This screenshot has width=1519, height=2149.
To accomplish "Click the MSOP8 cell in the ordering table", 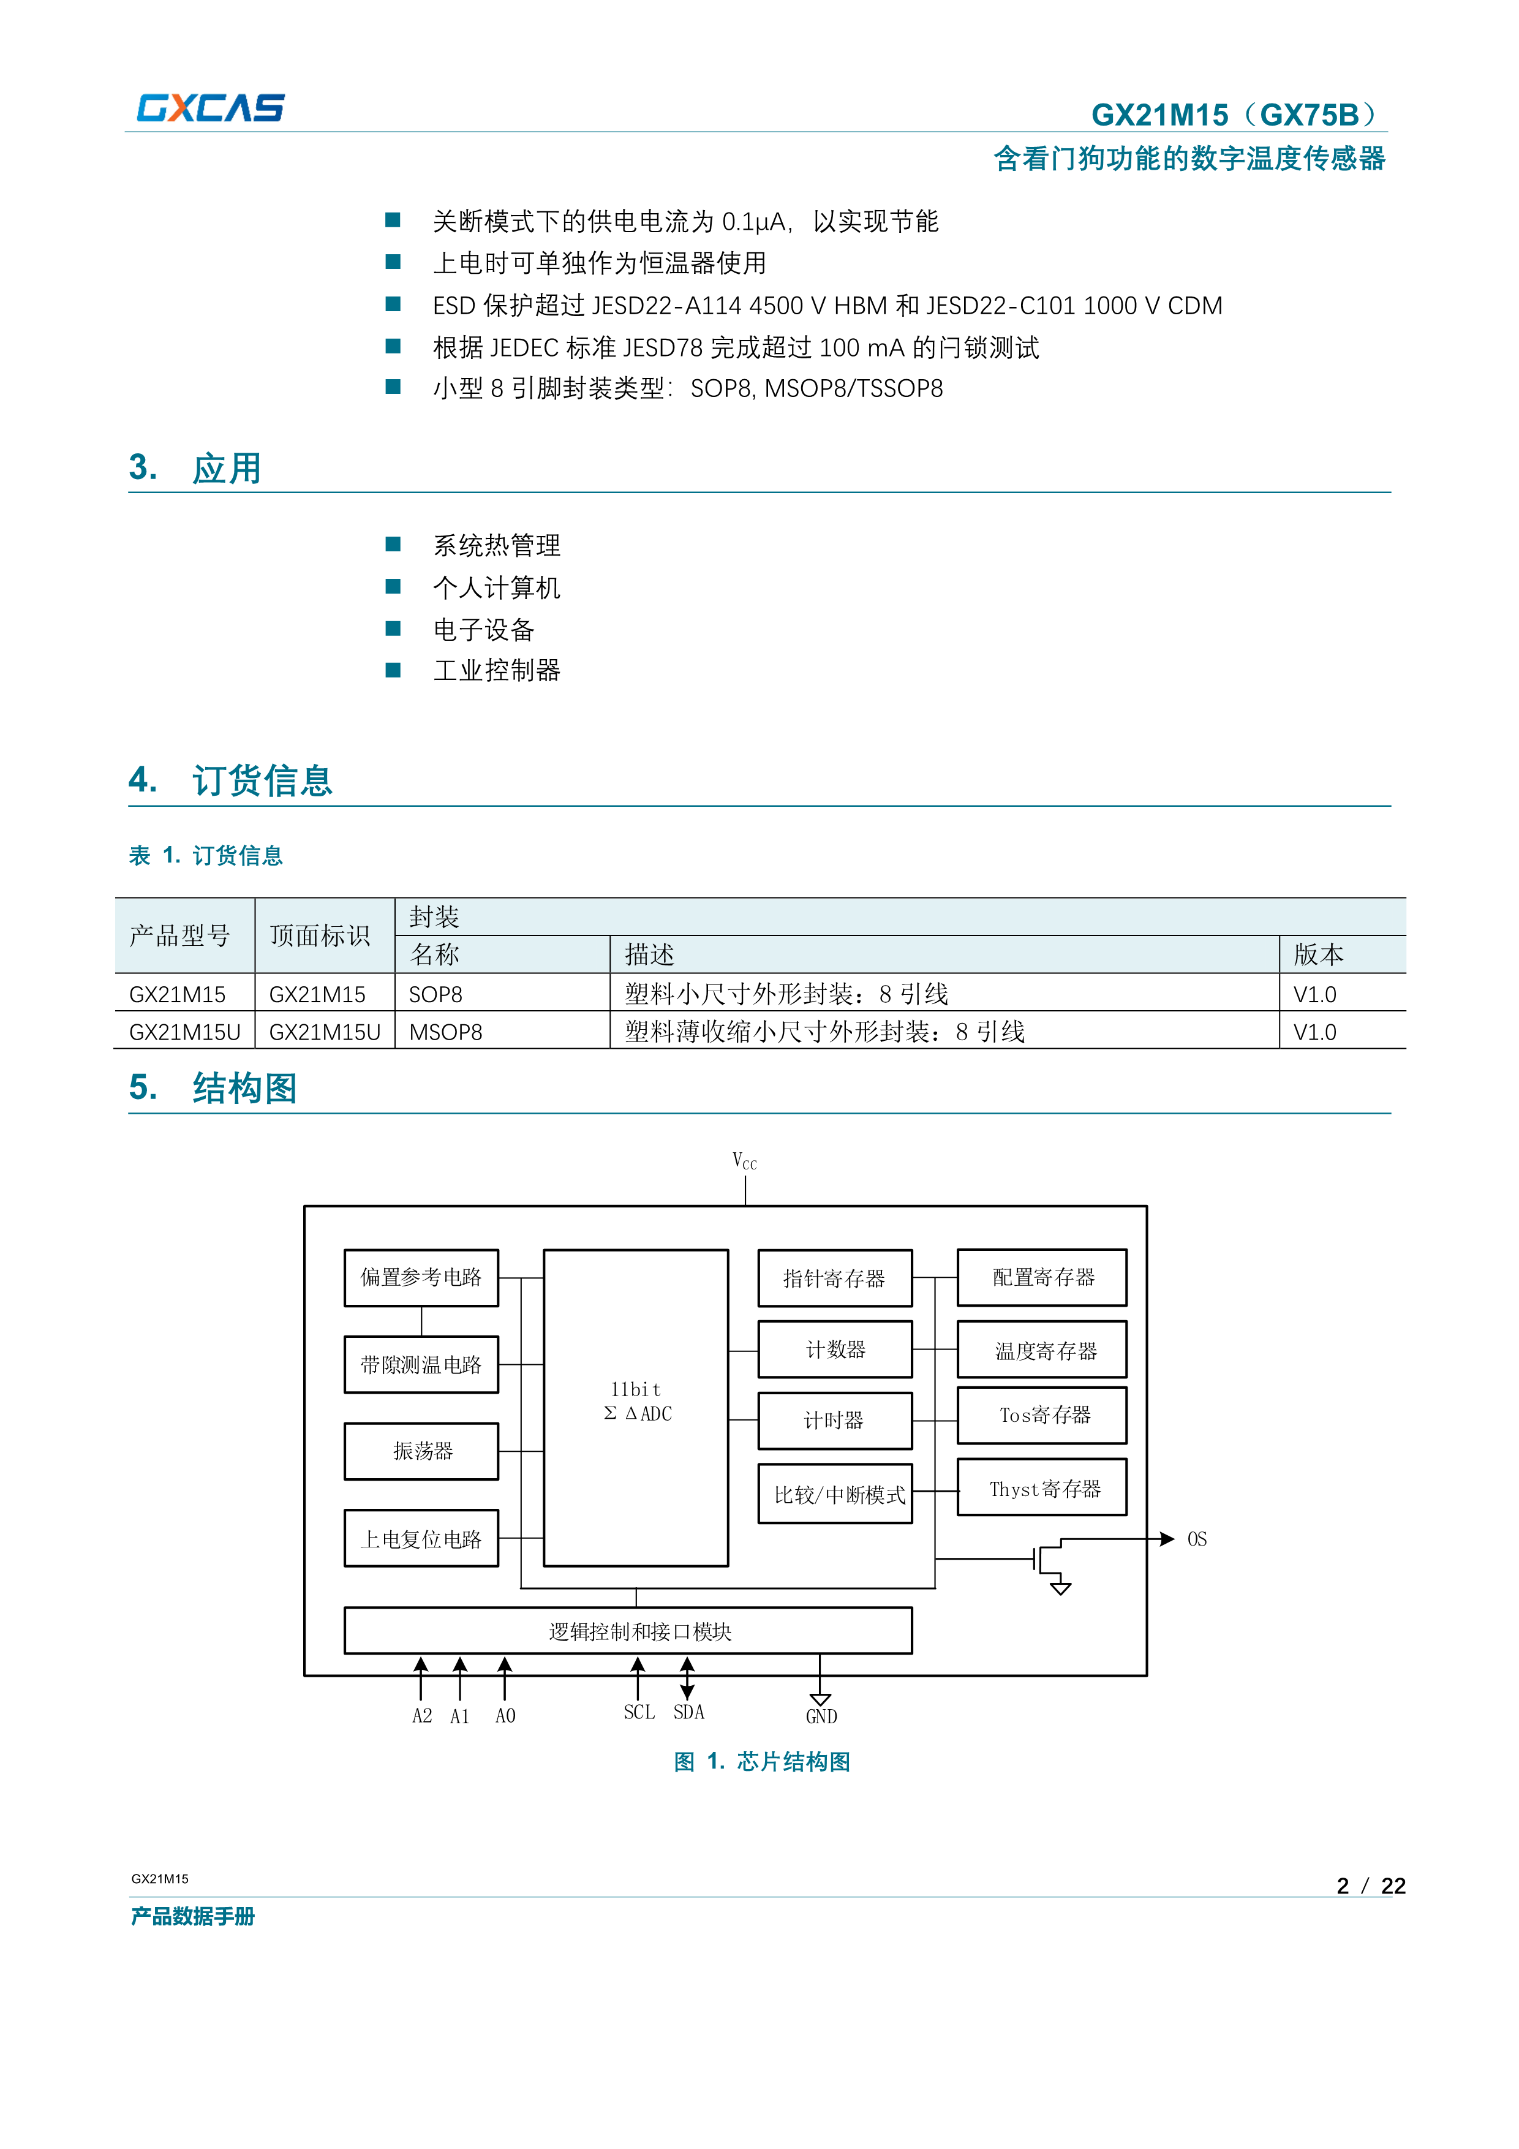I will [x=445, y=1032].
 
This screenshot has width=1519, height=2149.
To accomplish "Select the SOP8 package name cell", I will [x=435, y=994].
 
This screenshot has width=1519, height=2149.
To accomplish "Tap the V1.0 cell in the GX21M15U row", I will [x=1314, y=1032].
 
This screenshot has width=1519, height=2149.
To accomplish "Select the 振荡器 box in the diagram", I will [x=421, y=1451].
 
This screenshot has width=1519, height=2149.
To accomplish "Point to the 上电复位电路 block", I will [x=421, y=1539].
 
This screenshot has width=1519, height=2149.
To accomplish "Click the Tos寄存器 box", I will [x=1042, y=1415].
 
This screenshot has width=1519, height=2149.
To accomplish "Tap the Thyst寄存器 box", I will [x=1042, y=1488].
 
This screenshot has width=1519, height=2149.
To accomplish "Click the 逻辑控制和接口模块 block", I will [x=628, y=1631].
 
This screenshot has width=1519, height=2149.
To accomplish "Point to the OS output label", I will [x=1196, y=1539].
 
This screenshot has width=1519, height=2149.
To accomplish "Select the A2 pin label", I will [x=422, y=1716].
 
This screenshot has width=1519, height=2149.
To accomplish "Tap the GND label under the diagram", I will [x=821, y=1717].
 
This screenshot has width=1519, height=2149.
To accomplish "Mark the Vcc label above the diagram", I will [x=744, y=1161].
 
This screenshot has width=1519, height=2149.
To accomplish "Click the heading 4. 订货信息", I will [x=230, y=780].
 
